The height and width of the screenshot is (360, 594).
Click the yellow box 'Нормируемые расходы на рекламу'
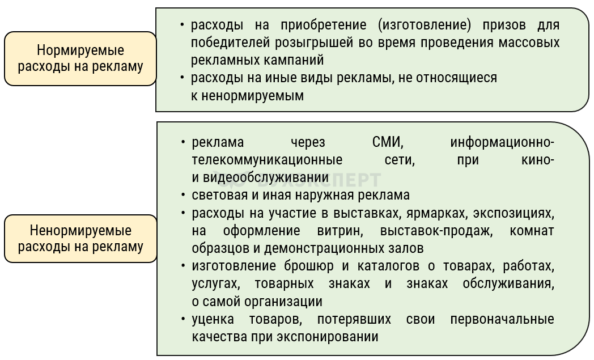(x=80, y=59)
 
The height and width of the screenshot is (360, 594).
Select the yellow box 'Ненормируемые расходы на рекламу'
(x=80, y=239)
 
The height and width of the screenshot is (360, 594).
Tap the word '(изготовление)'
(x=419, y=26)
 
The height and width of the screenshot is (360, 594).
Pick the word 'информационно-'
(x=502, y=142)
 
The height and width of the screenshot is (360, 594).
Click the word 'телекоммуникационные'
(x=267, y=160)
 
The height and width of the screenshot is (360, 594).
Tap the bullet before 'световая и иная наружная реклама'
(x=183, y=196)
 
